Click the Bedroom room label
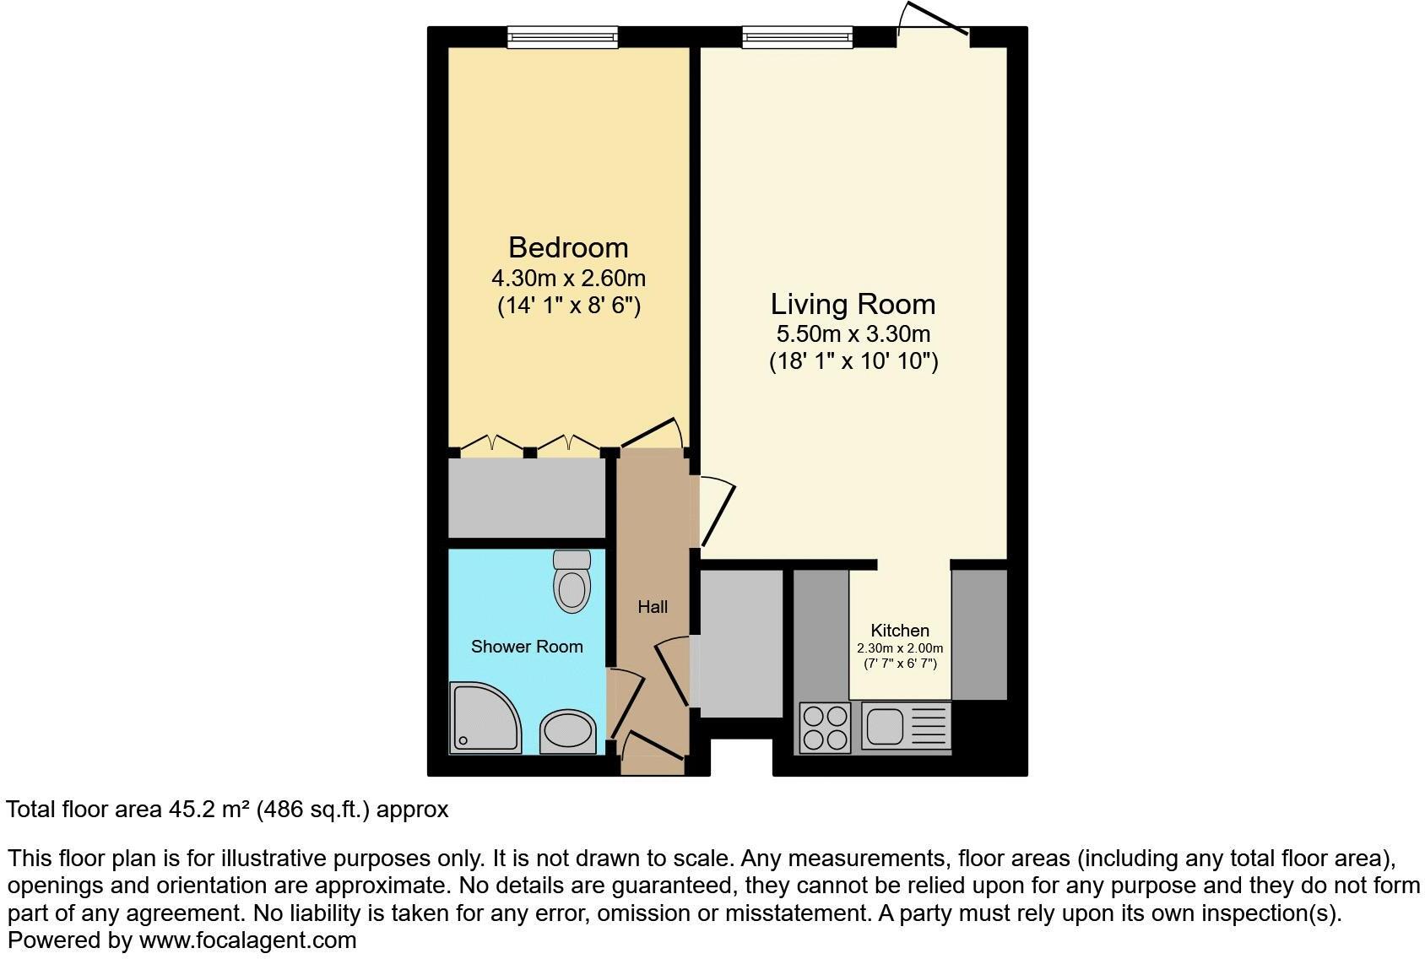tap(568, 247)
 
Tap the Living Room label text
tap(853, 304)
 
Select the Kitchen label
tap(900, 631)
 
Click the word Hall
tap(653, 607)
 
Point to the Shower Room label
tap(527, 647)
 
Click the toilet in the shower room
tap(572, 582)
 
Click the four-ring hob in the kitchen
tap(825, 728)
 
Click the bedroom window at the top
tap(562, 36)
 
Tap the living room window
tap(797, 36)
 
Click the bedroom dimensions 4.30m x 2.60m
tap(568, 278)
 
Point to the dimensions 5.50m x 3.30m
tap(853, 333)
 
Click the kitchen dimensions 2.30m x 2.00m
tap(900, 648)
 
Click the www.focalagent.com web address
tap(247, 940)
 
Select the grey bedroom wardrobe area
tap(527, 498)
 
